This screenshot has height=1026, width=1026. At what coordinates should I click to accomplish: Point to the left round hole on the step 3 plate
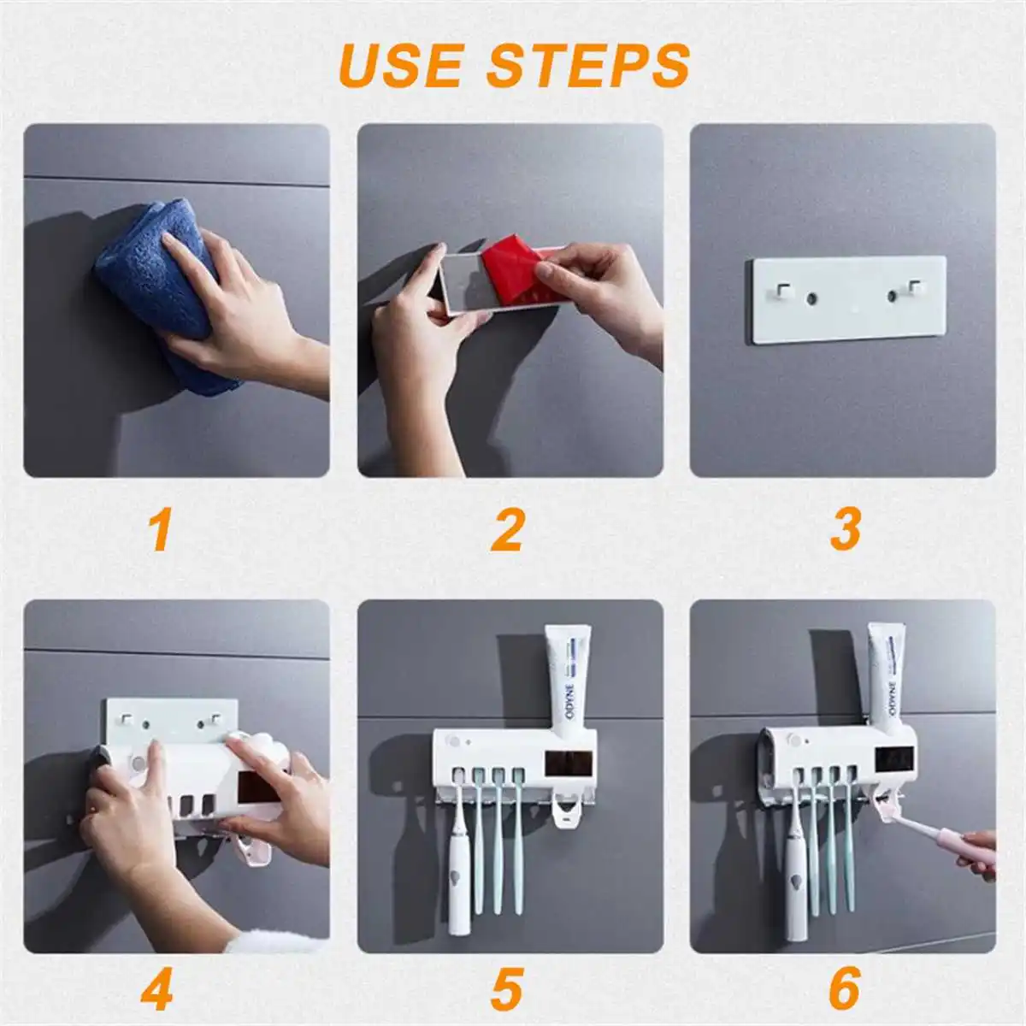click(x=811, y=298)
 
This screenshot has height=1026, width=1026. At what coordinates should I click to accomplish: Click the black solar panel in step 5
click(x=569, y=763)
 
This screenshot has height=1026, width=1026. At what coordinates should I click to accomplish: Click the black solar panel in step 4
click(x=257, y=787)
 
